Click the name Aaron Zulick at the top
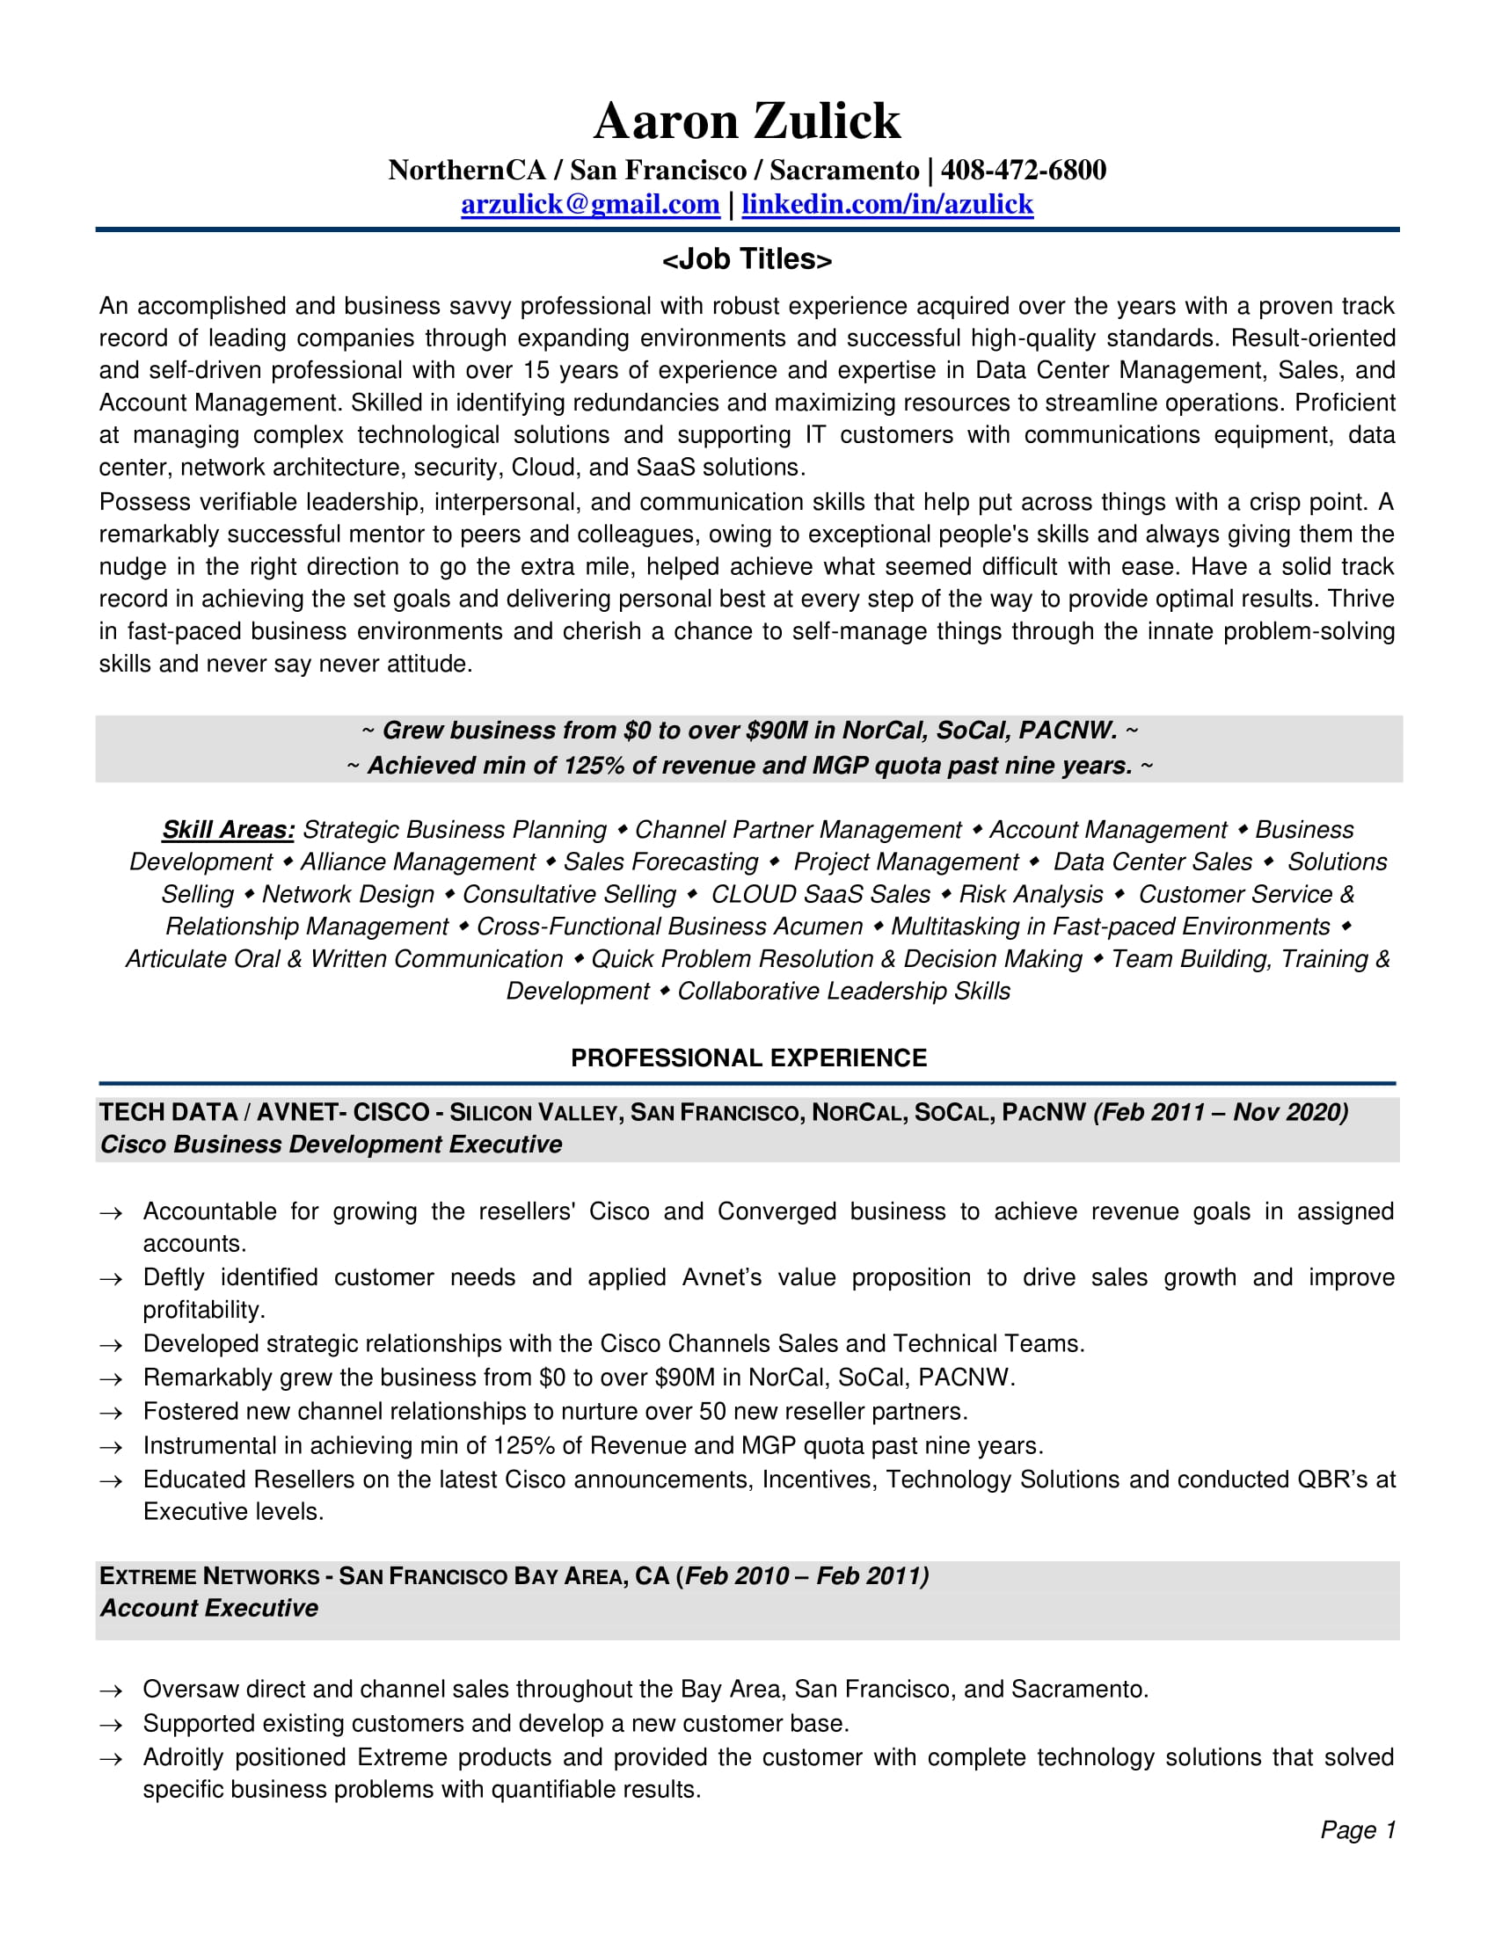(747, 120)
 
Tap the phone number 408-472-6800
(1023, 170)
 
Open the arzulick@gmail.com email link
(590, 205)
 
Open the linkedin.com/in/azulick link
(886, 205)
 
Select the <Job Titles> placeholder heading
(747, 259)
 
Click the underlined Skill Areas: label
(228, 830)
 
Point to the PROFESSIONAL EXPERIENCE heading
(748, 1058)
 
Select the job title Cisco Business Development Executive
(332, 1144)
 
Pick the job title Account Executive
(209, 1608)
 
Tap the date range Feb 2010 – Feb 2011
(806, 1576)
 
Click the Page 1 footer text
(1357, 1829)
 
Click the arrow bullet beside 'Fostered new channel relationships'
(111, 1414)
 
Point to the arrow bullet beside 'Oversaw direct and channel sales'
(111, 1691)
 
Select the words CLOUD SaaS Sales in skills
(820, 894)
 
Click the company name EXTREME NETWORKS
(209, 1576)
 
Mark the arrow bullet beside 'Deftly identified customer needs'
(111, 1280)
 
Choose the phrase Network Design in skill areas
(348, 894)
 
